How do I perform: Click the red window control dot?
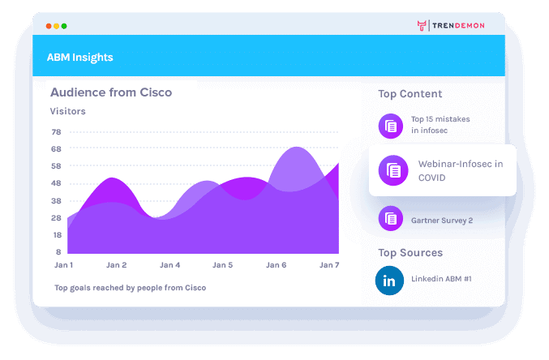pyautogui.click(x=49, y=26)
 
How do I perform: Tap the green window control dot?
pyautogui.click(x=64, y=26)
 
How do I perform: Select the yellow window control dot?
pyautogui.click(x=57, y=26)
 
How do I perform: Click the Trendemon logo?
pyautogui.click(x=451, y=25)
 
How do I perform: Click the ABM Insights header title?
pyautogui.click(x=80, y=58)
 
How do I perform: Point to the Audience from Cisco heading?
pyautogui.click(x=111, y=92)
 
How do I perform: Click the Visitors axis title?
pyautogui.click(x=68, y=111)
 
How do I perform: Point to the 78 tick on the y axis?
pyautogui.click(x=56, y=132)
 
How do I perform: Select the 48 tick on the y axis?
pyautogui.click(x=56, y=183)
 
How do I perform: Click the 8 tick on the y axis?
pyautogui.click(x=58, y=252)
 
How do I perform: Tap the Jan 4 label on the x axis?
pyautogui.click(x=170, y=265)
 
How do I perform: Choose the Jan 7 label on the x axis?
pyautogui.click(x=329, y=265)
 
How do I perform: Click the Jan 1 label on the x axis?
pyautogui.click(x=63, y=265)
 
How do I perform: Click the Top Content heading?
pyautogui.click(x=410, y=94)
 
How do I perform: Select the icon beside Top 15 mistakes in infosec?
pyautogui.click(x=391, y=125)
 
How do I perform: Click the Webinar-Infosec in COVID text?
pyautogui.click(x=461, y=170)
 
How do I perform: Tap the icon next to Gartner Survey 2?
pyautogui.click(x=391, y=217)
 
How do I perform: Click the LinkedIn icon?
pyautogui.click(x=390, y=281)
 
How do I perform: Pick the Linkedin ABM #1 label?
pyautogui.click(x=441, y=280)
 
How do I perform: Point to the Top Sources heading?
pyautogui.click(x=410, y=252)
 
